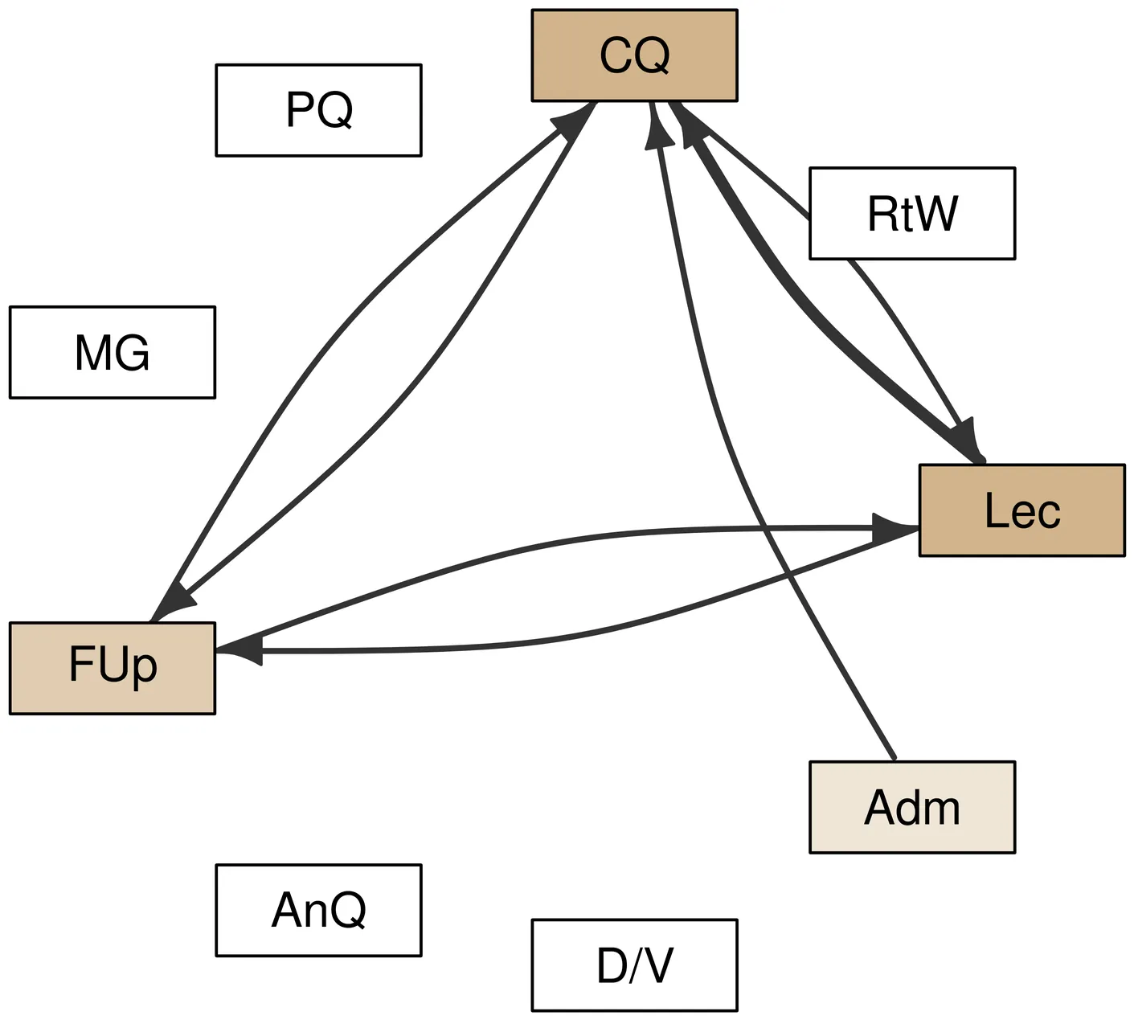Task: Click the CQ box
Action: pos(634,55)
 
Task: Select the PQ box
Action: pos(318,110)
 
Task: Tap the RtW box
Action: pos(911,214)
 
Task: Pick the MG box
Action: pos(113,352)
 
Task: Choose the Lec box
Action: pos(1021,510)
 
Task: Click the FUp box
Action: pos(113,668)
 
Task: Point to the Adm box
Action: pos(911,807)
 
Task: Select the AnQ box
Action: pos(318,911)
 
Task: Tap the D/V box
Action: pos(634,965)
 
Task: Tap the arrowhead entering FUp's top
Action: pos(170,604)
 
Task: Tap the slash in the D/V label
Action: pos(635,965)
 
